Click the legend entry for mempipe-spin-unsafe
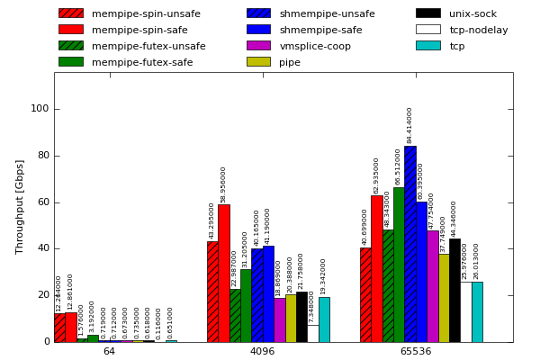(130, 13)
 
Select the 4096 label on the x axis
(262, 351)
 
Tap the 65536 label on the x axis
(416, 351)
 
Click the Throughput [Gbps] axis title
(20, 207)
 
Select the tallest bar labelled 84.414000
(409, 244)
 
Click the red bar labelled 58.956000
(223, 274)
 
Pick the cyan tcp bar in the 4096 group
(324, 319)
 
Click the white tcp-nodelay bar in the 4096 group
(312, 333)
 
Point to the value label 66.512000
(399, 166)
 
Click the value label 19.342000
(324, 276)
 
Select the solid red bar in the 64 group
(70, 327)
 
